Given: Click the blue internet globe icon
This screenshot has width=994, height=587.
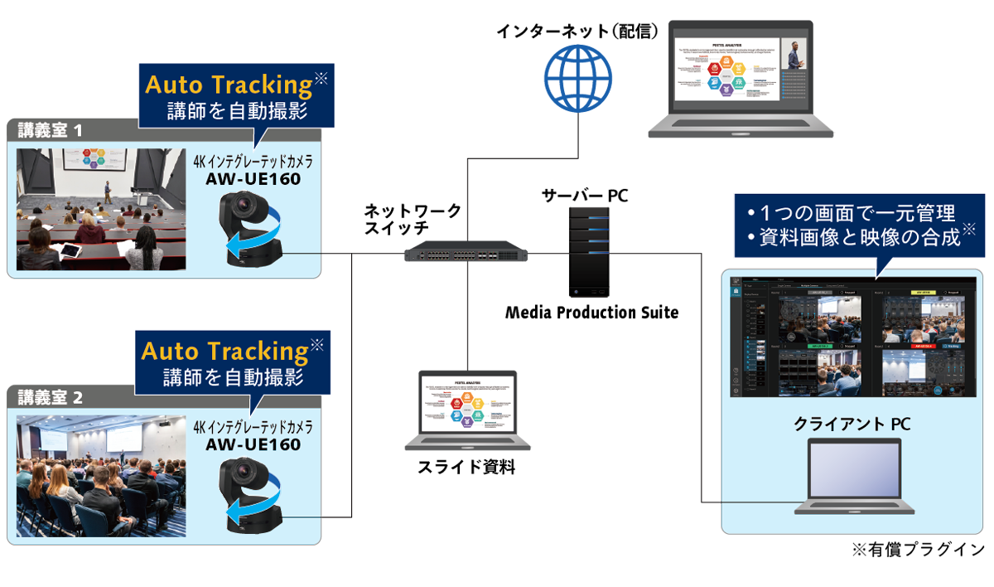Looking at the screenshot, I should [x=577, y=75].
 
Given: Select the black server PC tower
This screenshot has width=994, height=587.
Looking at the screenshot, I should [x=589, y=252].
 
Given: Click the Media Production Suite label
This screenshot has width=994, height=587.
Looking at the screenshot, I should [x=591, y=313].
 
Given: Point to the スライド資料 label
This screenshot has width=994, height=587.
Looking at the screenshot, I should [x=466, y=467].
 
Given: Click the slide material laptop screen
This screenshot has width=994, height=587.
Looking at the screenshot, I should [x=468, y=408].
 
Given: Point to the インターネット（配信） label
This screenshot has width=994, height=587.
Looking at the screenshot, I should [x=577, y=31].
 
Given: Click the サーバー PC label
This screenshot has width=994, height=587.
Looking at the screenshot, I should [x=585, y=196].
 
